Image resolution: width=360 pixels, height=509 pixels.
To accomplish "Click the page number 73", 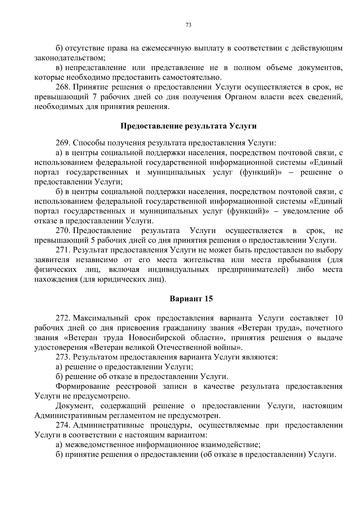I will (x=188, y=25).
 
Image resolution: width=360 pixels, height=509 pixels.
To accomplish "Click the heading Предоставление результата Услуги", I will (x=188, y=126).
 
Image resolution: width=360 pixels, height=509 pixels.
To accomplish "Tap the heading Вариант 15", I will (x=191, y=299).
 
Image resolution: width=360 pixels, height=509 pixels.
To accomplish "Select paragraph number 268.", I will (x=63, y=87).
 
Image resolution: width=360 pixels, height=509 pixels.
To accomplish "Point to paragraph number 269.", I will (x=63, y=143).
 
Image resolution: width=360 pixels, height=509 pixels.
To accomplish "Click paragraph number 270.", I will (x=63, y=230).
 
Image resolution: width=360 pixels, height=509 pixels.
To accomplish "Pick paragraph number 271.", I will (x=63, y=250).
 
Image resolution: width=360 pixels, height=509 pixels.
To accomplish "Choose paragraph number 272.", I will (x=63, y=318).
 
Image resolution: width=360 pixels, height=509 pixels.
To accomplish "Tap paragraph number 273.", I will (x=63, y=357).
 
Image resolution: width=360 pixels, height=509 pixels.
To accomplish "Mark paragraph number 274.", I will (x=63, y=425).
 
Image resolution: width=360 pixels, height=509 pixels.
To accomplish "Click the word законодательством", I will (x=69, y=58).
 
